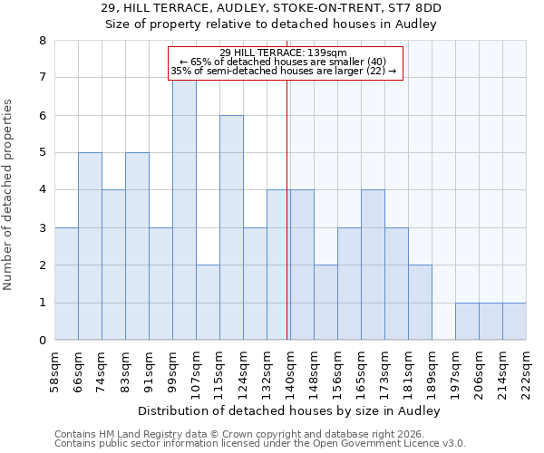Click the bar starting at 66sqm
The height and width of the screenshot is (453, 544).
[x=90, y=246]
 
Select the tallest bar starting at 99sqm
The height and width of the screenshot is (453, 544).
[x=184, y=209]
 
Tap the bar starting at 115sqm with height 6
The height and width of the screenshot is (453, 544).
[x=231, y=227]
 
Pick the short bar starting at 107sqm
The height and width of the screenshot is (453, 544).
[x=208, y=303]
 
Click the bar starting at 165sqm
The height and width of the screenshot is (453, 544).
[x=373, y=265]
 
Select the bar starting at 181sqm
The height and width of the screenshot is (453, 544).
[x=420, y=303]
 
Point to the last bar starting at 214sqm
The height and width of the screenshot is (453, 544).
[x=514, y=322]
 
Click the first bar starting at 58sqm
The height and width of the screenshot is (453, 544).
[x=66, y=284]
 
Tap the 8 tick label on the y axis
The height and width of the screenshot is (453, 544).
[x=42, y=41]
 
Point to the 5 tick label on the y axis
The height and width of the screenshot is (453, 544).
[x=42, y=153]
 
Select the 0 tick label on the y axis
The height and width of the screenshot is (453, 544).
[x=42, y=341]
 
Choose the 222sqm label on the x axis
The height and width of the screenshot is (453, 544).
[x=526, y=370]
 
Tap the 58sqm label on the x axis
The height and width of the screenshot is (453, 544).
[x=54, y=370]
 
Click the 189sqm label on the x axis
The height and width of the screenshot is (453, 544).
[x=432, y=370]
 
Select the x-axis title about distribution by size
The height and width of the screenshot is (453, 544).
[x=290, y=411]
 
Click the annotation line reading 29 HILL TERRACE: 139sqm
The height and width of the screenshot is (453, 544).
[x=283, y=53]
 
